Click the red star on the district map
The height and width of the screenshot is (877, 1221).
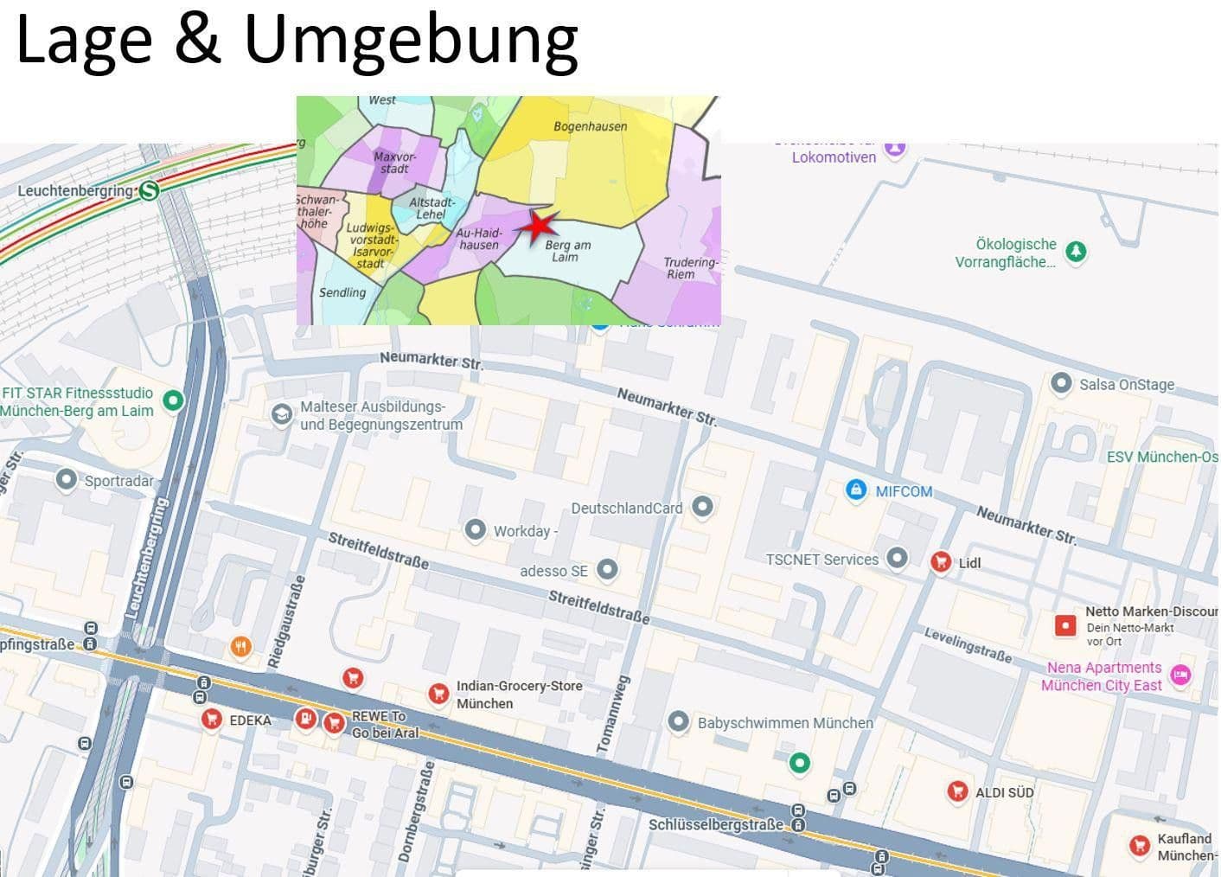(540, 226)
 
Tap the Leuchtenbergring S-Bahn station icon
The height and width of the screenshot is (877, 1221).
(149, 190)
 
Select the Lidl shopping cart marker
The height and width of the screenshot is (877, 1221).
(941, 562)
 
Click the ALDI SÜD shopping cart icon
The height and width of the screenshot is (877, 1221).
(956, 791)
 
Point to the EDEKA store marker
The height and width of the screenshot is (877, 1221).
(211, 719)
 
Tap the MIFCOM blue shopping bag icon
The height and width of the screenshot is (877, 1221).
(855, 490)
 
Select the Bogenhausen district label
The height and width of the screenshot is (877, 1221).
(590, 126)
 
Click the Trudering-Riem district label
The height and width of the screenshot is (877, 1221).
(689, 268)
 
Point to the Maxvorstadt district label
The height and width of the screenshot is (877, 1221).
(394, 163)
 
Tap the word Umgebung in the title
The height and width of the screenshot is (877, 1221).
(411, 41)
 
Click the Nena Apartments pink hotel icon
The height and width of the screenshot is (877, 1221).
(1180, 675)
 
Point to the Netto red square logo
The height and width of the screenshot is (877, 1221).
(1065, 624)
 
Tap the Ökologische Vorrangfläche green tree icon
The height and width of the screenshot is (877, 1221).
(1075, 252)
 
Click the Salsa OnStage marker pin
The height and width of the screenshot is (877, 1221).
(1061, 383)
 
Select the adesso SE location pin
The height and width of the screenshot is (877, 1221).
(608, 569)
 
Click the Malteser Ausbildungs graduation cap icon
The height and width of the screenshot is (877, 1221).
(281, 414)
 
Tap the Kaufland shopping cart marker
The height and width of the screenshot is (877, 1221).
(1139, 846)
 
